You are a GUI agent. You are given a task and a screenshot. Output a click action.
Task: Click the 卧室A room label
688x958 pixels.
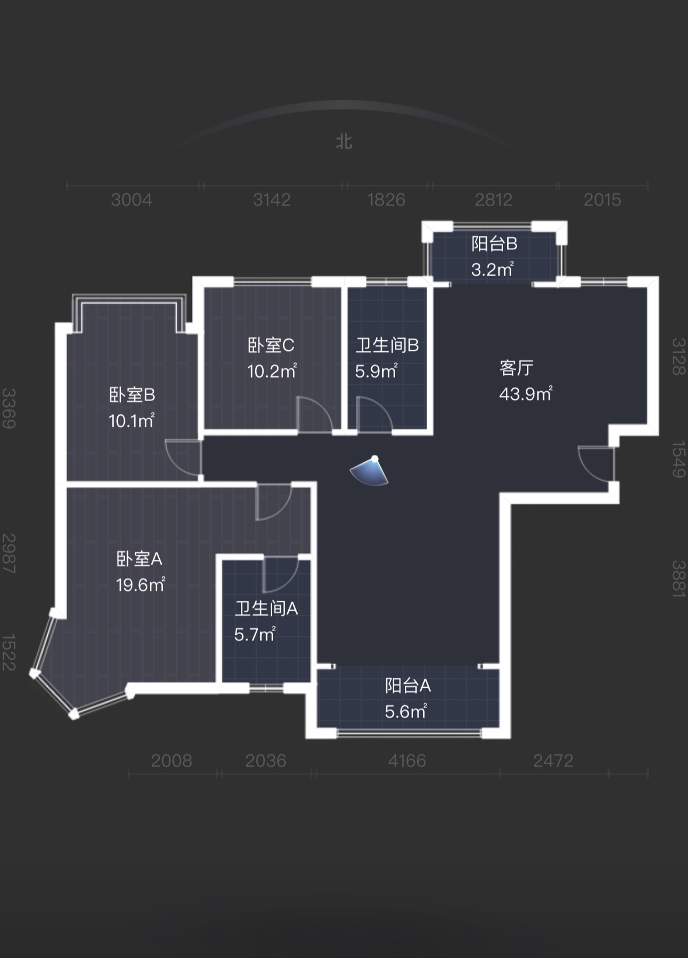click(139, 559)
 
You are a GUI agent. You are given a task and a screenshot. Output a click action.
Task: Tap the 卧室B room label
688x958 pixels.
click(132, 395)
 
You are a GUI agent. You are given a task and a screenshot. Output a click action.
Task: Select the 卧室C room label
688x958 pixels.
click(271, 346)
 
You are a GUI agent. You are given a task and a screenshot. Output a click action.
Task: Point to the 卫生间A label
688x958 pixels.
click(267, 609)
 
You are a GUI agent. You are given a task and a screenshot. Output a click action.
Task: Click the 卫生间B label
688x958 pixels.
click(387, 346)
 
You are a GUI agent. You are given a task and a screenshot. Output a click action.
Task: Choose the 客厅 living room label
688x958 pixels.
click(516, 368)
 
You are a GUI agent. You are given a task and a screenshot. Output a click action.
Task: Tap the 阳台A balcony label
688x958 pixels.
click(408, 685)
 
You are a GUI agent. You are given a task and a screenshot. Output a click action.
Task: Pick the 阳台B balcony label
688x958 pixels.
click(494, 244)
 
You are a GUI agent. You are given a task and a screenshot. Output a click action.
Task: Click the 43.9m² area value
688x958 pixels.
click(525, 394)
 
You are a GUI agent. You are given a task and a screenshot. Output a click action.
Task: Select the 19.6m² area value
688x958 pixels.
click(140, 584)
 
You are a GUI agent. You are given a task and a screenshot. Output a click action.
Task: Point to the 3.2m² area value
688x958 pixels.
click(492, 270)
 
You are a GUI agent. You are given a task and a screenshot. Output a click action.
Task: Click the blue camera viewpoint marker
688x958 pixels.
click(371, 471)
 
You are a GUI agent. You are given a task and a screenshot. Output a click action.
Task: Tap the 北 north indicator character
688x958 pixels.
click(344, 142)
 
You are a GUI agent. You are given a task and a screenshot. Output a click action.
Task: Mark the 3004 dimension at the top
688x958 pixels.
click(132, 200)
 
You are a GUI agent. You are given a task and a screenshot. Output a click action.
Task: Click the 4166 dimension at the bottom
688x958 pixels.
click(407, 761)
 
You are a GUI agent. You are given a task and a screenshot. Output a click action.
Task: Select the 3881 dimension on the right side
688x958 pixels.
click(677, 579)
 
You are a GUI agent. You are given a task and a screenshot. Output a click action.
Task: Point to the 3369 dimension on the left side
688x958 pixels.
click(9, 408)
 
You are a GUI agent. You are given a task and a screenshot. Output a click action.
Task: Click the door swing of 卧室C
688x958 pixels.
click(314, 415)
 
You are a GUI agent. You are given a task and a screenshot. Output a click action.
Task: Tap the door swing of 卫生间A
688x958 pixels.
click(280, 574)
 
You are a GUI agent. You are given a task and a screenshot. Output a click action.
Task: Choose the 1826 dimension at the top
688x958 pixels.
click(386, 200)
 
